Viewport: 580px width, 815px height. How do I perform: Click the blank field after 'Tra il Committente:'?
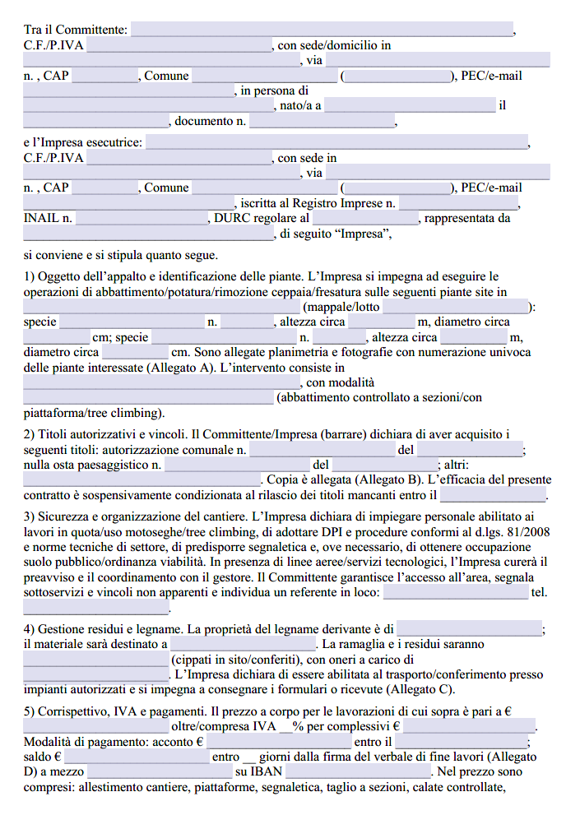pos(322,30)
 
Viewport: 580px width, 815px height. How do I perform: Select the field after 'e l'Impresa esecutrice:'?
pos(336,142)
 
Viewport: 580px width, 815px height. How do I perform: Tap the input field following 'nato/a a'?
pos(410,105)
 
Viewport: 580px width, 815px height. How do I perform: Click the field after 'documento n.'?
pos(322,121)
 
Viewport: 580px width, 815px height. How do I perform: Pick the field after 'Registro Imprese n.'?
pos(459,203)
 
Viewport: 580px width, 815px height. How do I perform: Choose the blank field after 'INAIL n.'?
pos(142,219)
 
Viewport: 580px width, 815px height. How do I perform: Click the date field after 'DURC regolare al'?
pos(365,219)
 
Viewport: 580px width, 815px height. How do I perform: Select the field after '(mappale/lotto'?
pos(456,307)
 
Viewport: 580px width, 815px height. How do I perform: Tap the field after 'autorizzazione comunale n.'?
pos(322,450)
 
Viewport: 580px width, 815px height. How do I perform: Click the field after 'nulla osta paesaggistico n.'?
pos(236,465)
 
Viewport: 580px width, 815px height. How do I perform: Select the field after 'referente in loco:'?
pos(456,592)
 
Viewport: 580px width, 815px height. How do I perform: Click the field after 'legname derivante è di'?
pos(469,629)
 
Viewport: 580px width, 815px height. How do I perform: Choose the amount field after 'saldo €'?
pos(137,757)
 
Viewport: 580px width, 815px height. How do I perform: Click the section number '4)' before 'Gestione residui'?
pos(30,629)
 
